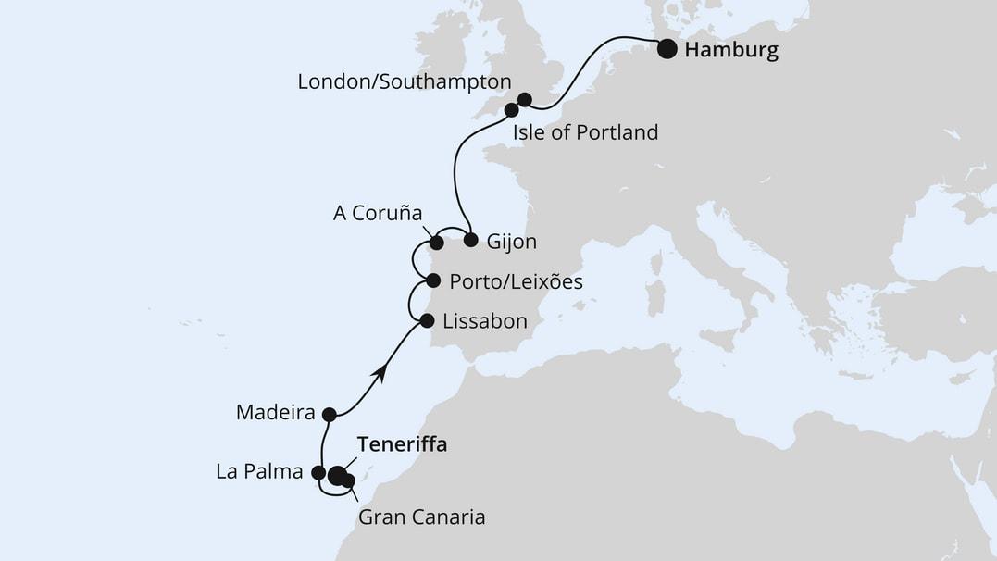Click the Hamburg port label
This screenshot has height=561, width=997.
click(730, 50)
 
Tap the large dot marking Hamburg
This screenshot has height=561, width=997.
click(667, 50)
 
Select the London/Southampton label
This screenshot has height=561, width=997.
click(404, 81)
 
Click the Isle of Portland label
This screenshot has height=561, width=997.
click(585, 132)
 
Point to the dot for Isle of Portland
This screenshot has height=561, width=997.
click(511, 110)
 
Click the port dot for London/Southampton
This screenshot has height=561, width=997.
click(524, 99)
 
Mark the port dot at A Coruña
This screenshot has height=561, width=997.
click(436, 245)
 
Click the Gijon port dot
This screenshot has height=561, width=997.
click(470, 241)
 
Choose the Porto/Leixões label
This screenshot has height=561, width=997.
click(515, 280)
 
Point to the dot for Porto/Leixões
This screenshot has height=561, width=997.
click(433, 280)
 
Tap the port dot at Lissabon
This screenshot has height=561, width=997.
click(427, 321)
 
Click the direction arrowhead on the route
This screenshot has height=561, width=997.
click(378, 371)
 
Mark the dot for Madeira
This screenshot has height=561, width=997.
click(328, 414)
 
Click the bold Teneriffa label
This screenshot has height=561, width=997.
click(401, 444)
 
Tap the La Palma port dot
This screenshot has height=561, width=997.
click(318, 473)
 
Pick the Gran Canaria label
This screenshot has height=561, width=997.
click(421, 517)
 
